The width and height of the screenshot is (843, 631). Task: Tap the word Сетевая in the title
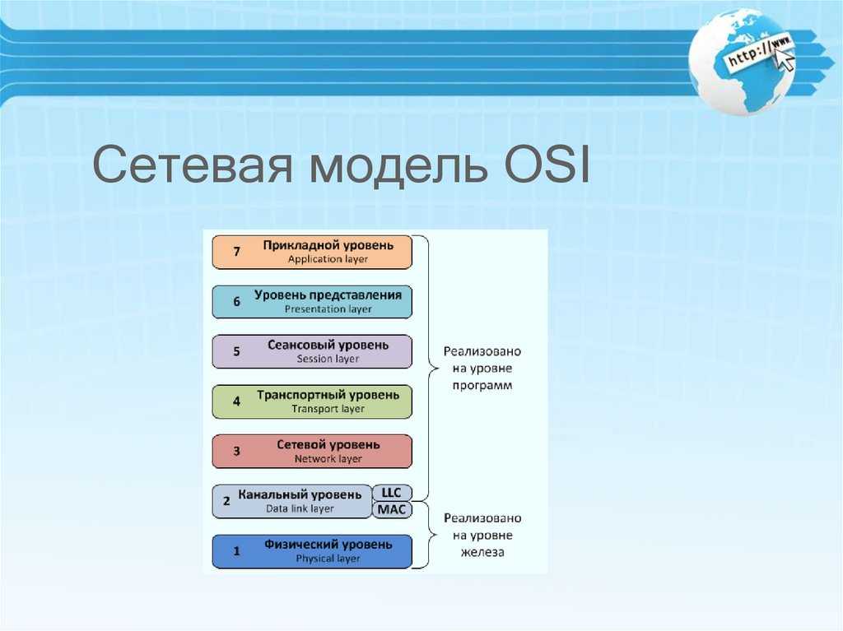point(193,164)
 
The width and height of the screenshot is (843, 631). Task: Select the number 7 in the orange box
point(236,252)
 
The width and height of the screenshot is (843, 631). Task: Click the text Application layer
point(328,259)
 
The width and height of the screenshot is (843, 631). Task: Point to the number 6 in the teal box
point(236,302)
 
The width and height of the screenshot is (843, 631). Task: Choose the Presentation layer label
point(328,309)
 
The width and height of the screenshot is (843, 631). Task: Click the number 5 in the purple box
point(236,351)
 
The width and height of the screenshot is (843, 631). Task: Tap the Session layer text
point(328,359)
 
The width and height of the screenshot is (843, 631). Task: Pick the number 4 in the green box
point(236,401)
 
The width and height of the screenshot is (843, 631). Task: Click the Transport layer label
point(328,409)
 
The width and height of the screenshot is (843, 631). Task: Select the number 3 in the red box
point(236,452)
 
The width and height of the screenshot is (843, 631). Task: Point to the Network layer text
point(328,459)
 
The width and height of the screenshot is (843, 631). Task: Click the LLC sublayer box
point(391,493)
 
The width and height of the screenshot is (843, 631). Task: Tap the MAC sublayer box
point(392,509)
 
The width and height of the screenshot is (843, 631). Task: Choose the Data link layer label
point(300,508)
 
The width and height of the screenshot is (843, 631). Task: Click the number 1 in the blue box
point(236,551)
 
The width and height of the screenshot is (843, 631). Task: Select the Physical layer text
point(328,559)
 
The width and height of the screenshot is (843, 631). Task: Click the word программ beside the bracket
point(482,386)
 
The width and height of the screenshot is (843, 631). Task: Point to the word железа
point(482,552)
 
